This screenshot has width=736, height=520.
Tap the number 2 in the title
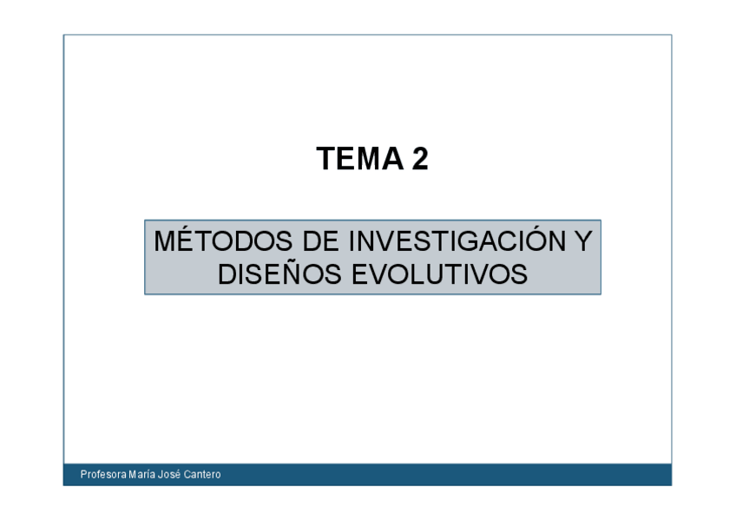[419, 159]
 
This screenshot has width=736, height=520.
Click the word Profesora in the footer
[102, 475]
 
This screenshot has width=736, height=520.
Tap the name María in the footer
[141, 475]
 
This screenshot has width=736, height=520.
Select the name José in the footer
[173, 475]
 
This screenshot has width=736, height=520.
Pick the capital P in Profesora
[83, 475]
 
